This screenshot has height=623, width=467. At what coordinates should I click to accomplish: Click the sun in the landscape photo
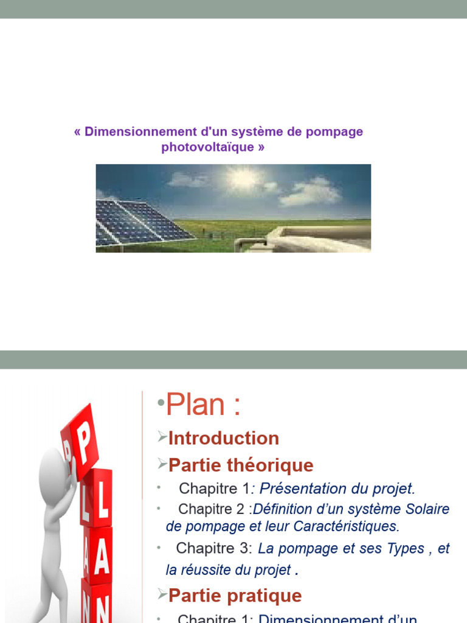tap(243, 178)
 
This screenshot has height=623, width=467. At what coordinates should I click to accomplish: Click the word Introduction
tap(224, 438)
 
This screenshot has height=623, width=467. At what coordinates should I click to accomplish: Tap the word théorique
tap(278, 465)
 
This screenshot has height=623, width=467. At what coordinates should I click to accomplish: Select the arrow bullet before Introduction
tap(161, 436)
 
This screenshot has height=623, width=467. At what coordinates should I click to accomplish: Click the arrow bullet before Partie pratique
tap(161, 593)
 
